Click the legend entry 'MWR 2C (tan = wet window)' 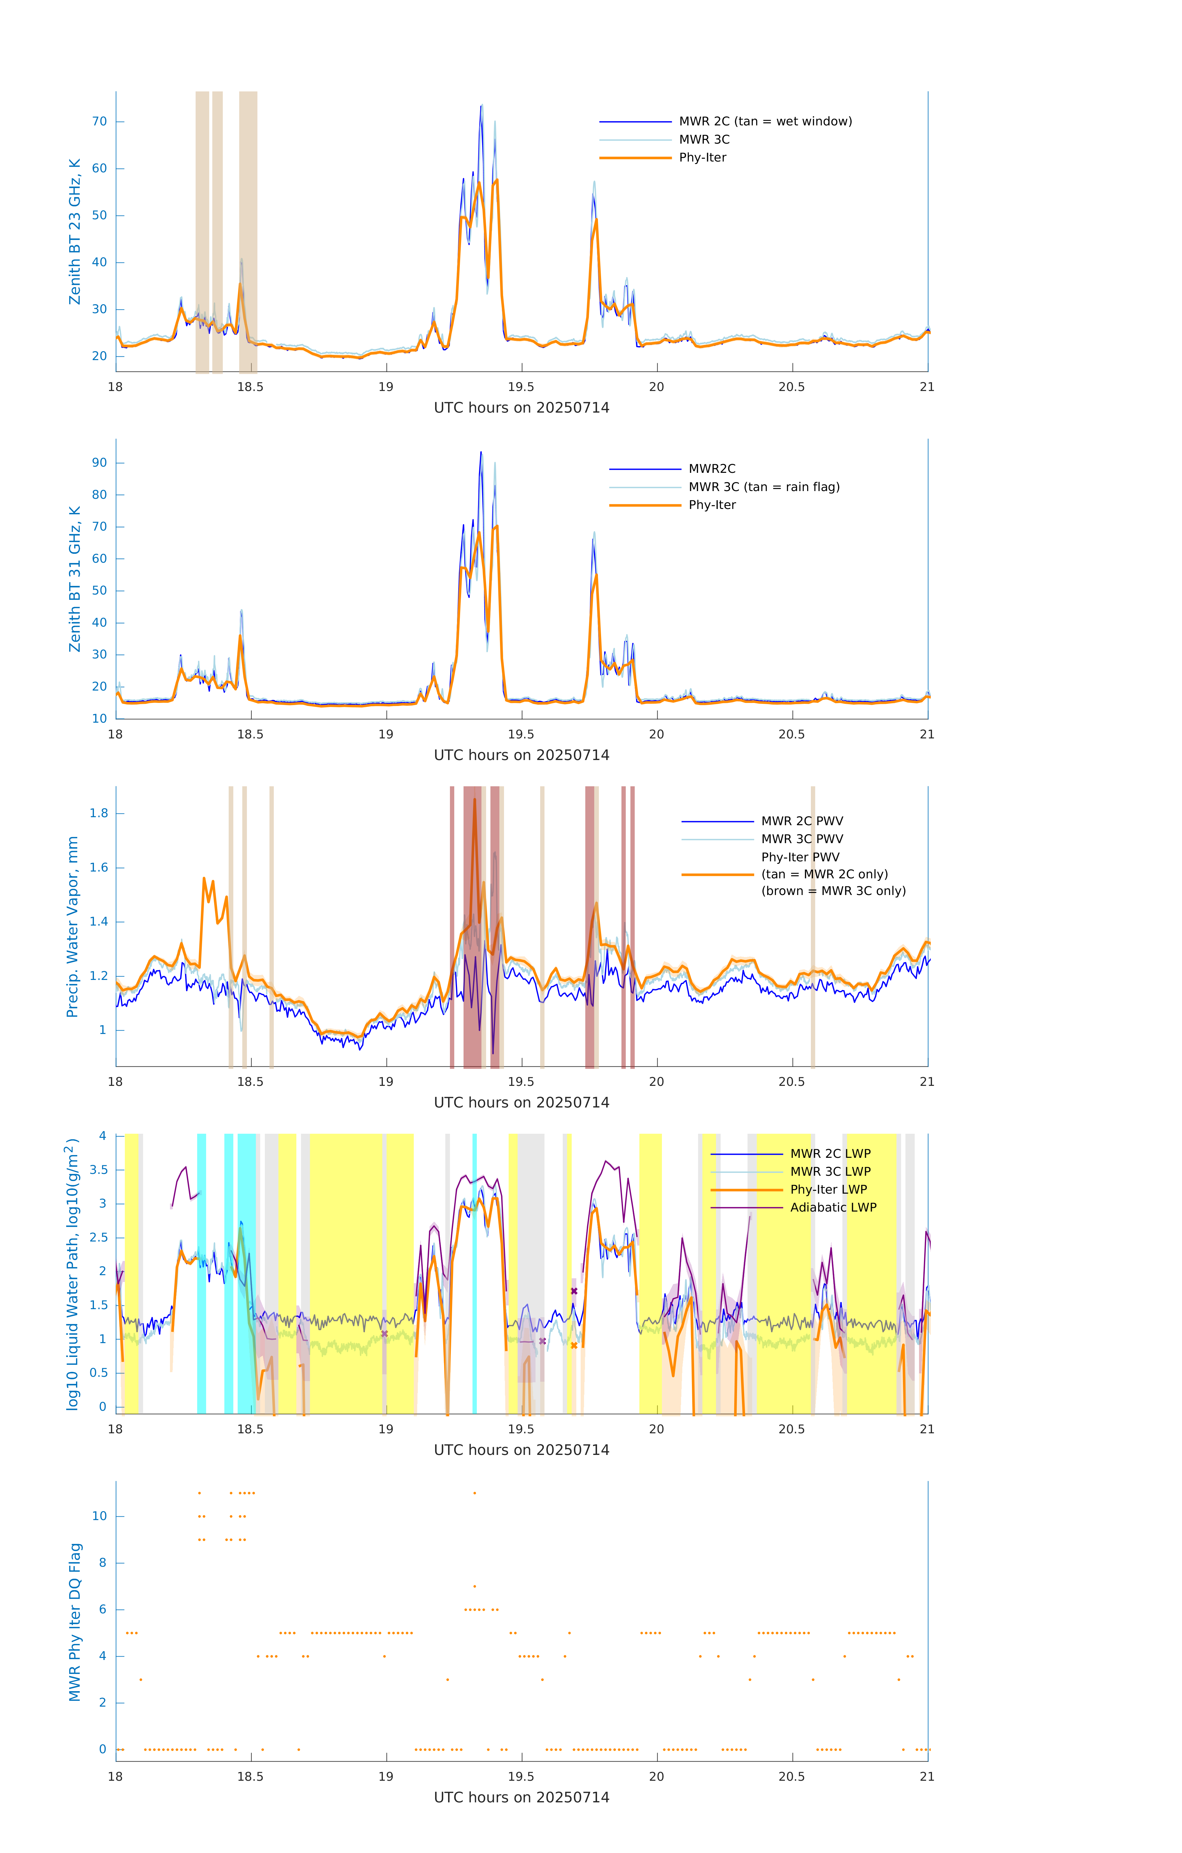(x=765, y=122)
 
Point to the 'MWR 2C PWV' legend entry (x=802, y=821)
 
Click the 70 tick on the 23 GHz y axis (x=99, y=122)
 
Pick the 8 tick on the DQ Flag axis (x=102, y=1563)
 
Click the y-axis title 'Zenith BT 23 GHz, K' (x=75, y=232)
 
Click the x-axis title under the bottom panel (x=521, y=1798)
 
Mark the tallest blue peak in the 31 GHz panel (x=481, y=452)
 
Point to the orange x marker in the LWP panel (x=574, y=1346)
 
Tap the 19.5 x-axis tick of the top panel (x=521, y=387)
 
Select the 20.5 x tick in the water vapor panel (x=792, y=1082)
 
